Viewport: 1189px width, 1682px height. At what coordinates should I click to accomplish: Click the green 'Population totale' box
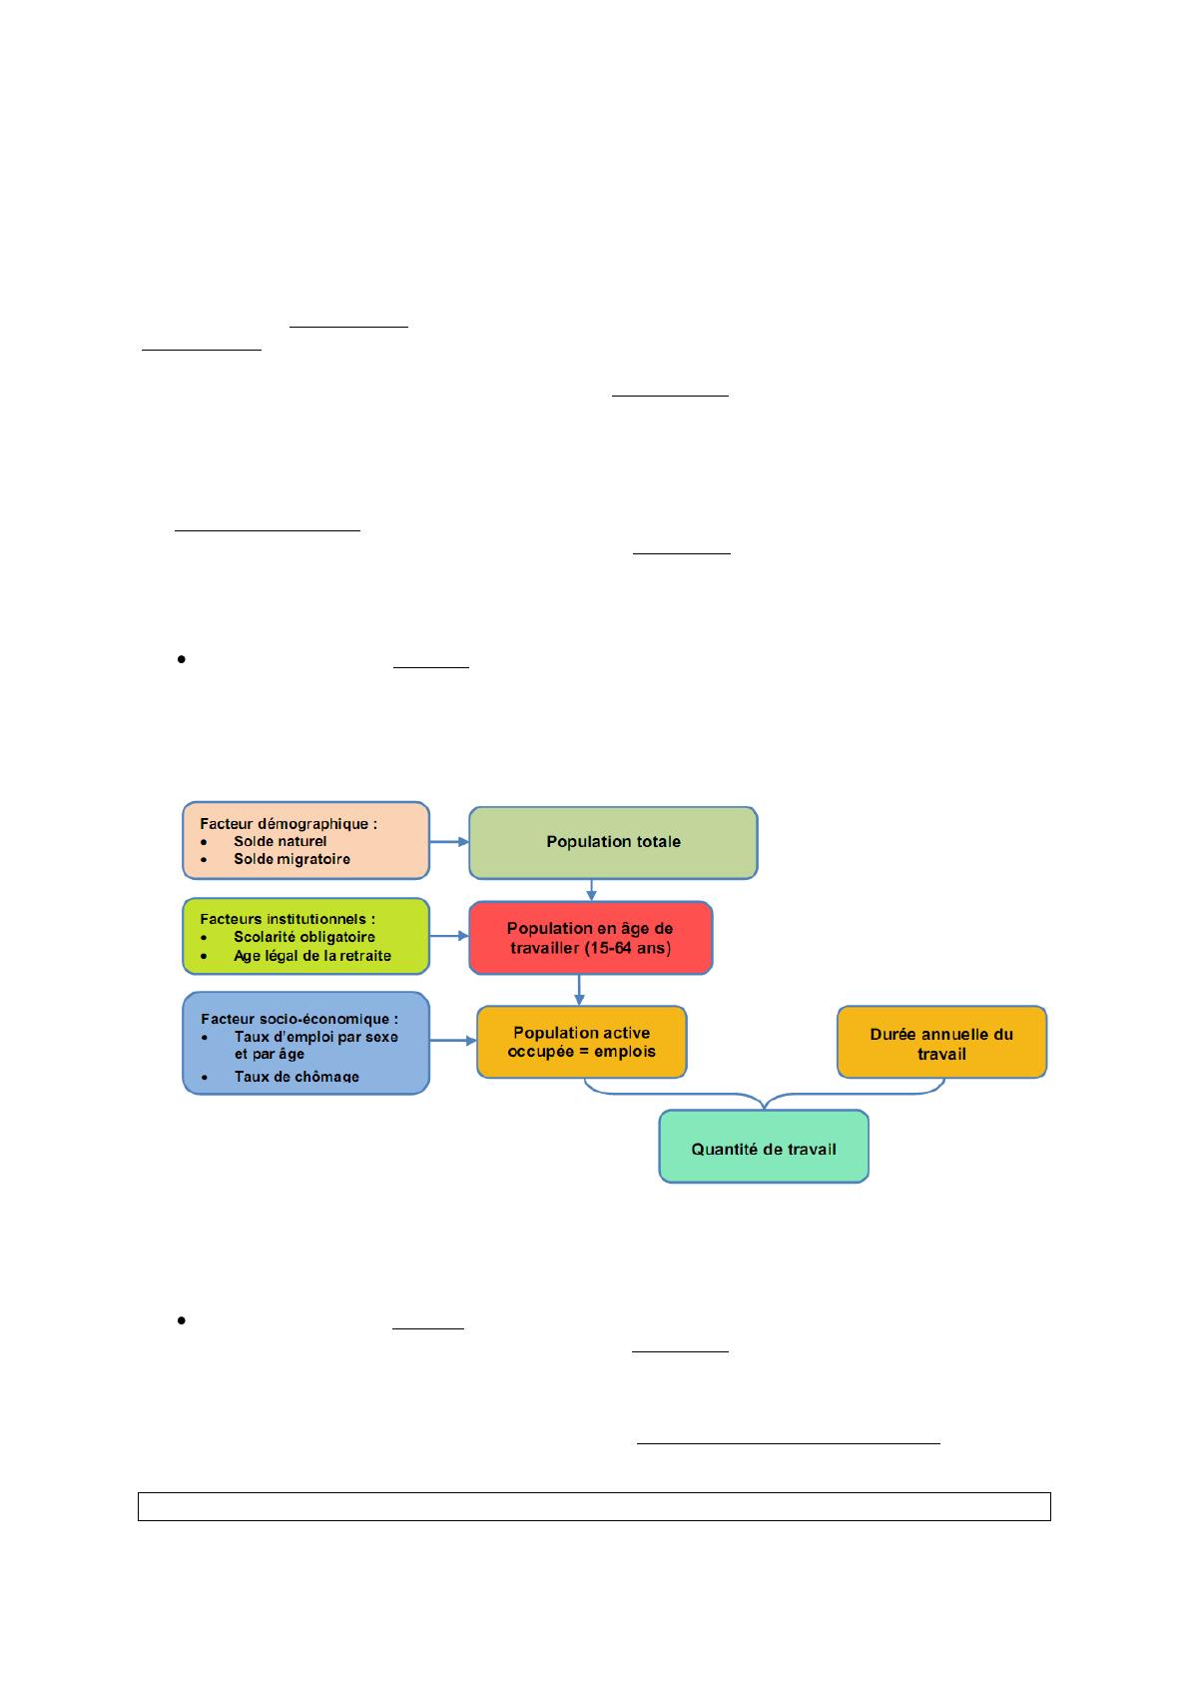(x=613, y=842)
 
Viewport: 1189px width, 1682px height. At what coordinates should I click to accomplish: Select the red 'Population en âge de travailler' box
(x=590, y=937)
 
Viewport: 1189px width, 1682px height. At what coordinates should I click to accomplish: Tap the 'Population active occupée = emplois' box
(x=581, y=1042)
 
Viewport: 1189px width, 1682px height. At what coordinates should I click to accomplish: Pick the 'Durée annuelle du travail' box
(x=941, y=1042)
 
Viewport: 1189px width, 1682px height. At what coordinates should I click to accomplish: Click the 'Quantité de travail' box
(x=764, y=1146)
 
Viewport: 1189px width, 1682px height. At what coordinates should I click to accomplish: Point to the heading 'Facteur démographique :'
(x=289, y=824)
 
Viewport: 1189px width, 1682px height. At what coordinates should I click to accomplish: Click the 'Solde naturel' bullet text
(x=280, y=841)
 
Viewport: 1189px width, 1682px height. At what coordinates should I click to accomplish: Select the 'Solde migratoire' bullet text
(x=292, y=859)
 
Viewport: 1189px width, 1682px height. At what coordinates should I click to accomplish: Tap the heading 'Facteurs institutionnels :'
(x=288, y=919)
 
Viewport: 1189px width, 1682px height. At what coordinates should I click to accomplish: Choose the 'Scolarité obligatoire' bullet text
(x=304, y=937)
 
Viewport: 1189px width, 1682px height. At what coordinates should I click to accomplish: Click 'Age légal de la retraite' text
(x=312, y=956)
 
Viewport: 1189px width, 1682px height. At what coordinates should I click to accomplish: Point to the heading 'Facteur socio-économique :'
(x=299, y=1019)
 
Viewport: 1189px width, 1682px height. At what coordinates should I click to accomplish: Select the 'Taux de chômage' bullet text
(x=297, y=1076)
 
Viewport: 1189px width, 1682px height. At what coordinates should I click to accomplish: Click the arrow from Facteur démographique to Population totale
(x=449, y=842)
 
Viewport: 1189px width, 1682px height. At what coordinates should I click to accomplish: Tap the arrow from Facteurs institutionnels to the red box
(x=449, y=936)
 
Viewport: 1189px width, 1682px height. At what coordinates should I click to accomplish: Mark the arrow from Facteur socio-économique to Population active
(x=452, y=1041)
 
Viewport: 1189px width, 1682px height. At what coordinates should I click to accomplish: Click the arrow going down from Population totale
(x=591, y=890)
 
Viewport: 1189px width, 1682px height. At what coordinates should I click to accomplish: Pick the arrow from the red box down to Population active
(x=579, y=991)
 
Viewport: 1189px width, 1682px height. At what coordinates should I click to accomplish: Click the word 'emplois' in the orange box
(x=625, y=1051)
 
